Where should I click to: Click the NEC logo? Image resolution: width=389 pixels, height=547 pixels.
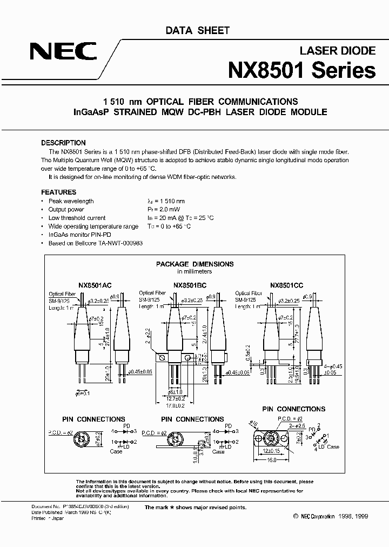(x=62, y=52)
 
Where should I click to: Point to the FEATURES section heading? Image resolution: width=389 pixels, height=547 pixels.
(x=59, y=192)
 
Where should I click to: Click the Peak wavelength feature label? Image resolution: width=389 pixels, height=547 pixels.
(x=71, y=201)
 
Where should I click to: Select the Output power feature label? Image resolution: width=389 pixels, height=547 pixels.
(x=66, y=209)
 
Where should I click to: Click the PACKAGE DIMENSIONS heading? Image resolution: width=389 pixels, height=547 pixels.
(x=194, y=264)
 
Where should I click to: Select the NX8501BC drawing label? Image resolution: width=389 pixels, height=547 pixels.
(x=190, y=284)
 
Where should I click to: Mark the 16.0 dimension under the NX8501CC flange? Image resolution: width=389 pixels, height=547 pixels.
(x=272, y=459)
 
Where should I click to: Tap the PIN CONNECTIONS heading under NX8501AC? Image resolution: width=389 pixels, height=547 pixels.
(x=93, y=419)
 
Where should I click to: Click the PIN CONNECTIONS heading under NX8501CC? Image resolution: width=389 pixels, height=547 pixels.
(x=293, y=409)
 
